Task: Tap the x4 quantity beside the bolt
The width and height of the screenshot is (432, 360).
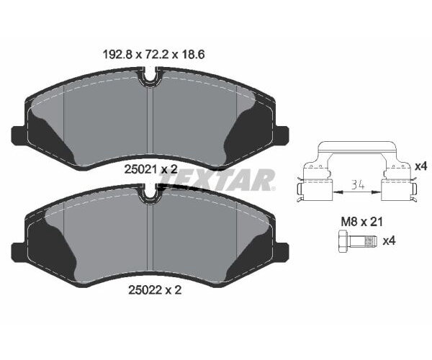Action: click(x=392, y=239)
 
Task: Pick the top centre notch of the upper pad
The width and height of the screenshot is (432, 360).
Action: click(x=150, y=75)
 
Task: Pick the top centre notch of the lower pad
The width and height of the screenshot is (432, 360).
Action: click(x=150, y=192)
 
